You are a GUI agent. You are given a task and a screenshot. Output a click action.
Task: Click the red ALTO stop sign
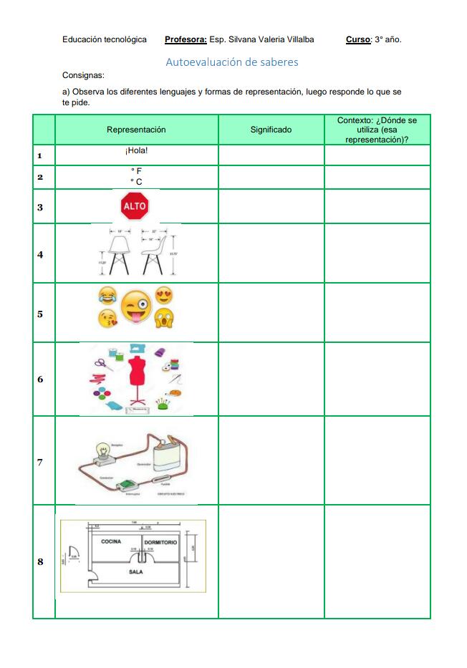[x=135, y=207]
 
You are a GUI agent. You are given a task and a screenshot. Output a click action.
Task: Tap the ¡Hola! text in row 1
[x=136, y=151]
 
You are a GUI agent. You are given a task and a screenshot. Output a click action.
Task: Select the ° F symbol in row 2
[x=136, y=171]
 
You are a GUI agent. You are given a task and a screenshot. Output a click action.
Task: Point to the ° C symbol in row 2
[x=136, y=182]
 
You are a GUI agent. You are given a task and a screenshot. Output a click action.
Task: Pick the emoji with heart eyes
[x=164, y=295]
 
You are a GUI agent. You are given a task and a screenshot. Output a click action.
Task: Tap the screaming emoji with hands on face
[x=165, y=319]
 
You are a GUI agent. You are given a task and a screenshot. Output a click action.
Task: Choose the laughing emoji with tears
[x=107, y=295]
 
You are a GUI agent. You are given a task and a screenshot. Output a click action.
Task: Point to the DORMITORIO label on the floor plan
[x=160, y=543]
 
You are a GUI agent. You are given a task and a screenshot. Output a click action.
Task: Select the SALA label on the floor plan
[x=136, y=572]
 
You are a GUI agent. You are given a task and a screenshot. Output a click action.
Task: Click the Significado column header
[x=271, y=130]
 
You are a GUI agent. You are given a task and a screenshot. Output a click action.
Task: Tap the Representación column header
[x=136, y=130]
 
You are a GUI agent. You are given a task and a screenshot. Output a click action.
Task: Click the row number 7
[x=40, y=463]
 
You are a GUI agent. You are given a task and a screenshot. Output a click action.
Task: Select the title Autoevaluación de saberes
[x=232, y=62]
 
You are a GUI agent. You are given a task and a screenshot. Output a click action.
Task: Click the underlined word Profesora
[x=186, y=40]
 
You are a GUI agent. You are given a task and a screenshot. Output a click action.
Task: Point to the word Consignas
[x=83, y=75]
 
